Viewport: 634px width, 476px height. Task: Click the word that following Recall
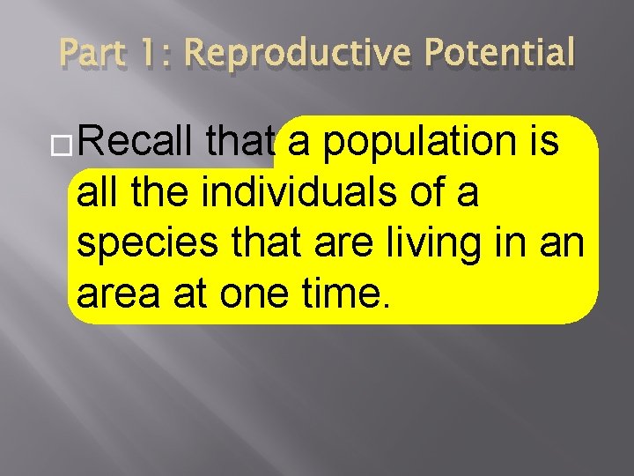click(x=240, y=141)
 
